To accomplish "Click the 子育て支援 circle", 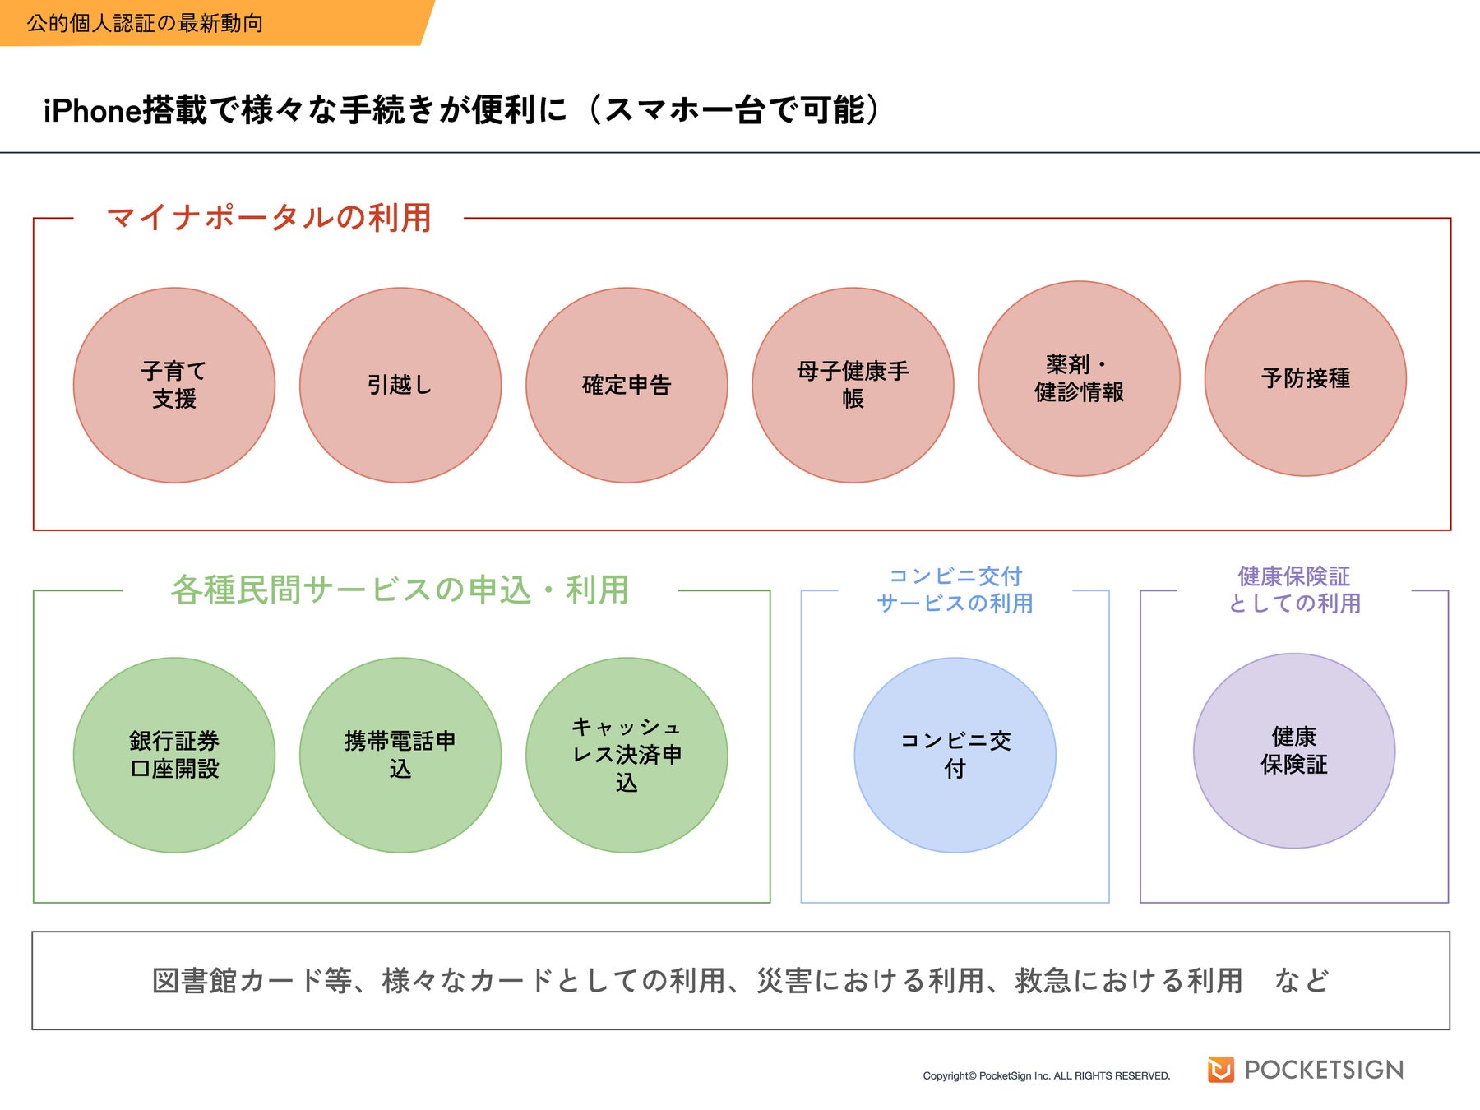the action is [174, 385].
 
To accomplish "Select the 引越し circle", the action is [400, 385].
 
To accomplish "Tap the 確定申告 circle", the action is [627, 385].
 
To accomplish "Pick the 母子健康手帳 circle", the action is [853, 385].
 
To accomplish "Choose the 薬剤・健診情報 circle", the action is [1079, 378].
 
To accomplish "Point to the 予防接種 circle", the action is [1305, 378].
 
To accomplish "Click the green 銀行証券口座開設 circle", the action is [174, 755].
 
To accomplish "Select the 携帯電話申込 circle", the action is [400, 755].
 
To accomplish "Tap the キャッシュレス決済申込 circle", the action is [627, 755].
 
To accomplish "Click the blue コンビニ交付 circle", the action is [955, 755].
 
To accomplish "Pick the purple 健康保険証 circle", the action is [1293, 751].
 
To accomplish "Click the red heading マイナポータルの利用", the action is [269, 218].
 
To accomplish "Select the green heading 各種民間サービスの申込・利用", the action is [400, 590].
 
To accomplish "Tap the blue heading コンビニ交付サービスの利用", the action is [955, 590].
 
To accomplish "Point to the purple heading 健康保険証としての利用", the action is [1293, 590].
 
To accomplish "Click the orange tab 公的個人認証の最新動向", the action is [145, 23].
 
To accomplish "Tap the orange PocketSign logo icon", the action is [1220, 1069].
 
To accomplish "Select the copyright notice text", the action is [1046, 1075].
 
